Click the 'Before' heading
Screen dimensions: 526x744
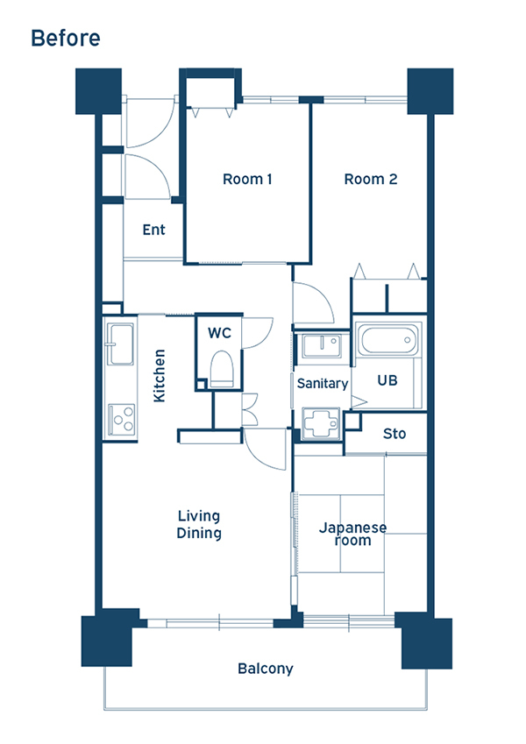[66, 38]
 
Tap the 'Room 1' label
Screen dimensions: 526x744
[247, 179]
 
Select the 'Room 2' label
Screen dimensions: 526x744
[370, 179]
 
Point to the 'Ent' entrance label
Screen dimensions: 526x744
[153, 230]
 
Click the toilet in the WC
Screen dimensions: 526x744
[222, 368]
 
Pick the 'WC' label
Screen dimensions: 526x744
[219, 333]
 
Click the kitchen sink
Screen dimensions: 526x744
[120, 344]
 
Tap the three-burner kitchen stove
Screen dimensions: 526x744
[122, 420]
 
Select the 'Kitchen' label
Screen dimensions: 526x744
[160, 375]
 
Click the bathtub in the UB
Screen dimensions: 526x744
[387, 339]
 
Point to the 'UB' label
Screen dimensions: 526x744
[387, 380]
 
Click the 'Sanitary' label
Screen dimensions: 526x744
[323, 383]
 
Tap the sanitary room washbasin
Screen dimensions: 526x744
[322, 346]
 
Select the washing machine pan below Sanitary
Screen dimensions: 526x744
[321, 423]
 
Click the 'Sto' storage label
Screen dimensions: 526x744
[394, 434]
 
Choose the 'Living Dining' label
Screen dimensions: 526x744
[199, 524]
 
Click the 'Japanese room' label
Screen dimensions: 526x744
[352, 534]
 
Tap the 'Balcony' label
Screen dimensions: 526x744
[266, 669]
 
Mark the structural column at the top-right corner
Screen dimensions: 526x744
[430, 91]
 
